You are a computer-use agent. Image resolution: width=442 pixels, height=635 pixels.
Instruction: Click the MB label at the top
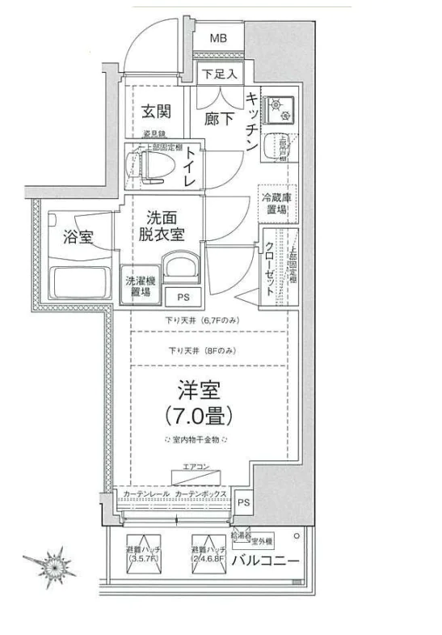pyautogui.click(x=217, y=38)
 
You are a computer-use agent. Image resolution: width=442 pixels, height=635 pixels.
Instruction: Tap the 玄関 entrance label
pyautogui.click(x=155, y=110)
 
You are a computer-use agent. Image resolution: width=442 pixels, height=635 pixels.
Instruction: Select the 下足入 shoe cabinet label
pyautogui.click(x=218, y=74)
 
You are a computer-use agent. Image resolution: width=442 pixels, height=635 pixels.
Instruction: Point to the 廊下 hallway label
pyautogui.click(x=220, y=118)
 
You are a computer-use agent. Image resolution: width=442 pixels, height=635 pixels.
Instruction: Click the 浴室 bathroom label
pyautogui.click(x=78, y=236)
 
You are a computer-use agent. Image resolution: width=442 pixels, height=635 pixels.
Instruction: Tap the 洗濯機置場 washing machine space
pyautogui.click(x=137, y=286)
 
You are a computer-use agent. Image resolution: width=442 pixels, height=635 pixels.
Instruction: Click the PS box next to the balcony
pyautogui.click(x=244, y=502)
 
